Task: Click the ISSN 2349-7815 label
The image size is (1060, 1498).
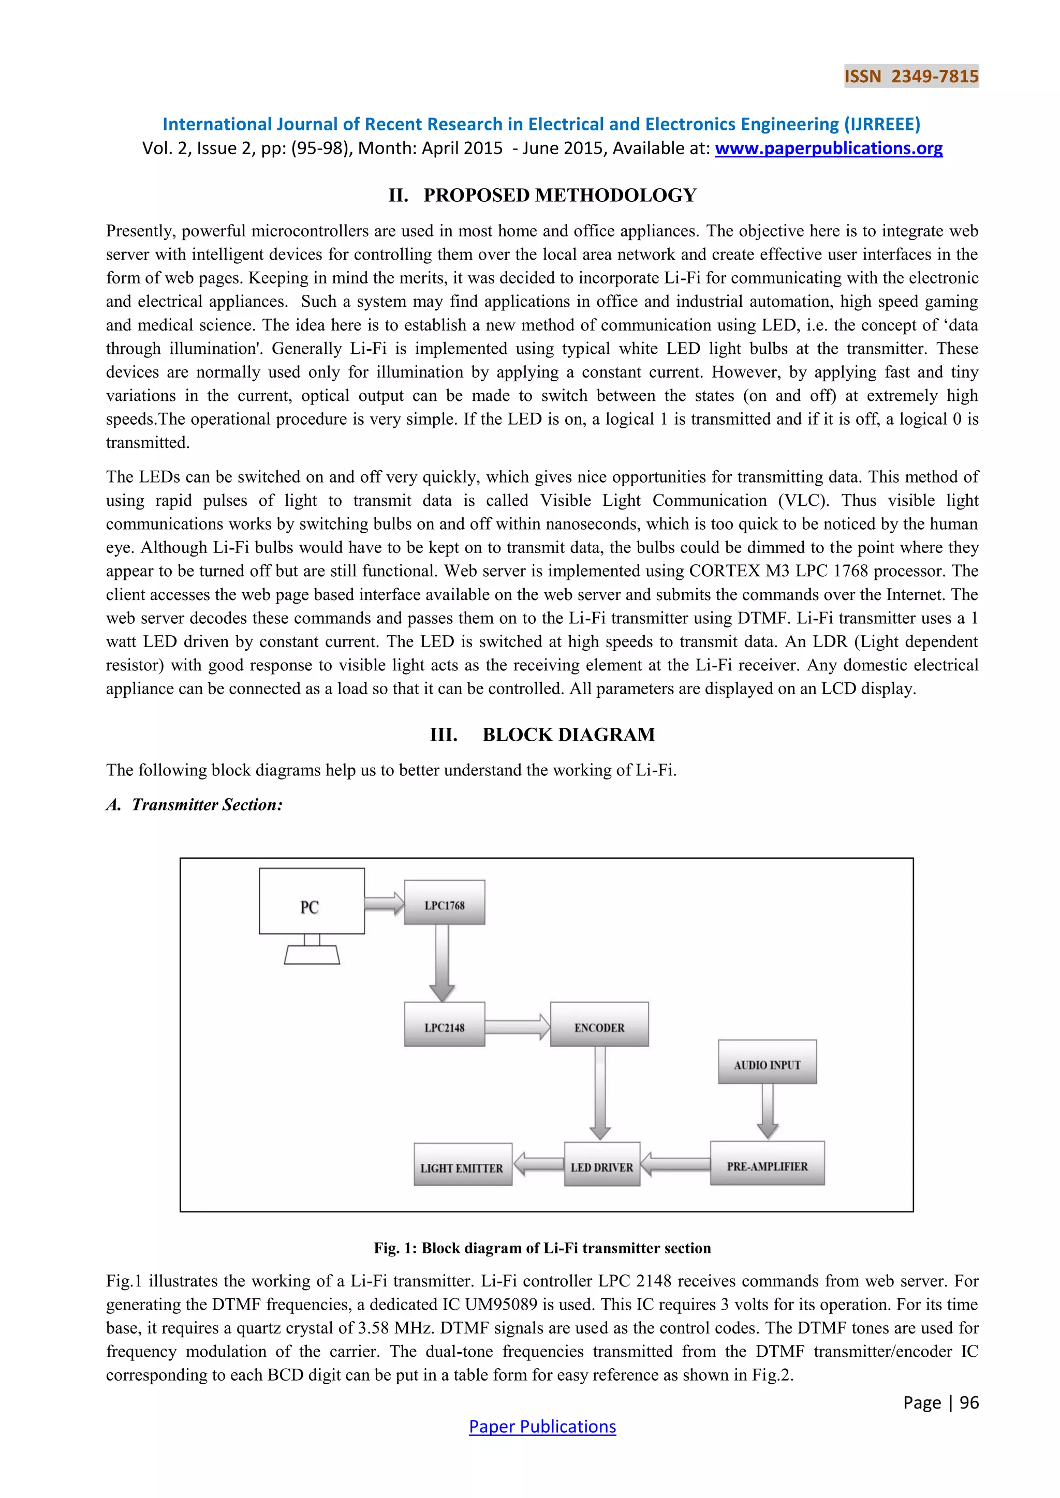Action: click(911, 77)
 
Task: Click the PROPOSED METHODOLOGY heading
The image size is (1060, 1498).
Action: click(542, 195)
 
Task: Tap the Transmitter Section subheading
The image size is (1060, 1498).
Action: click(195, 804)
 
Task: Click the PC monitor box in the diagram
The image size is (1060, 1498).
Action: click(312, 901)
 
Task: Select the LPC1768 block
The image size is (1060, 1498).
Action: click(445, 902)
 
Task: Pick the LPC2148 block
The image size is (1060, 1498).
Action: click(445, 1024)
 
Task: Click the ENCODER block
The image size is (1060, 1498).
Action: click(599, 1024)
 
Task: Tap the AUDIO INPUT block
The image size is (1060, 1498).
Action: click(767, 1062)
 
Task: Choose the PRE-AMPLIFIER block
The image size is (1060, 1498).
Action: click(767, 1163)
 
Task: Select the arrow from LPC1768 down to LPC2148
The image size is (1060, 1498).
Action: click(442, 962)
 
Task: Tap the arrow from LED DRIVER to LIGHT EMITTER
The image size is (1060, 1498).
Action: click(538, 1164)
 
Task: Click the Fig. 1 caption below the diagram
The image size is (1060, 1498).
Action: click(542, 1248)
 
